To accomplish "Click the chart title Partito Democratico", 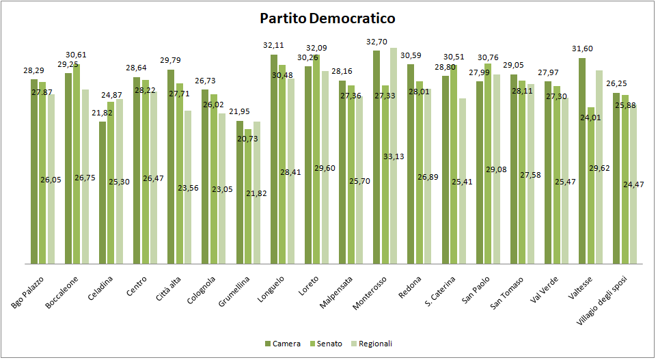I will click(x=327, y=18).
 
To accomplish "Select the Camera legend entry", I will click(x=286, y=344).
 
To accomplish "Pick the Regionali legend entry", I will click(x=375, y=344).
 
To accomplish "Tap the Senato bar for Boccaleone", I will click(x=77, y=164).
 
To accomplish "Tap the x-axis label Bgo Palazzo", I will click(x=29, y=293).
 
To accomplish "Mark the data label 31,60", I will click(x=582, y=48).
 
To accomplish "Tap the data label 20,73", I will click(x=249, y=139).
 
